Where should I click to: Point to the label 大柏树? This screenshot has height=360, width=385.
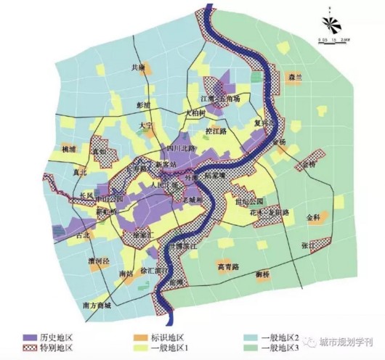[x=194, y=113]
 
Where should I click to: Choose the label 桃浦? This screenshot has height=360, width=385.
[x=69, y=149]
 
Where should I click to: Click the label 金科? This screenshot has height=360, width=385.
[x=312, y=216]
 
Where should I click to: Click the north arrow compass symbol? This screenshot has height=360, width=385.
[x=331, y=24]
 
